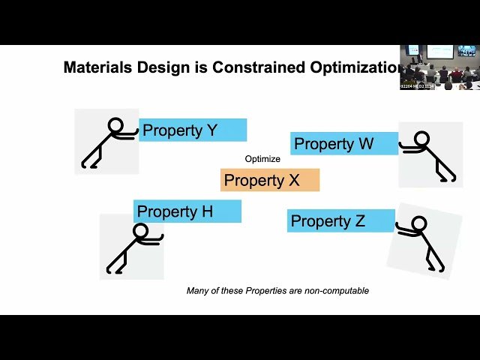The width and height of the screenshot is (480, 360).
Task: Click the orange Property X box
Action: [x=270, y=180]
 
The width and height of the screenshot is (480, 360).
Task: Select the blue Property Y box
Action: [x=193, y=130]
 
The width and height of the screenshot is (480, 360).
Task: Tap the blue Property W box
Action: [x=344, y=144]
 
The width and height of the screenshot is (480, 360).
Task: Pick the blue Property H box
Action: [x=187, y=211]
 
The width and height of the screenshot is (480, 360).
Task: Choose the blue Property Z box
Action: [x=340, y=221]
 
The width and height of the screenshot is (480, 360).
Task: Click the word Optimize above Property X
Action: [x=262, y=159]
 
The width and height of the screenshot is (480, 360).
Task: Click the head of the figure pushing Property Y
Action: [x=115, y=125]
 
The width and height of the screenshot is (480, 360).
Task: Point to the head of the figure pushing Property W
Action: [x=422, y=139]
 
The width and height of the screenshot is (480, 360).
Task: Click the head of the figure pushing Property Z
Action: [x=419, y=223]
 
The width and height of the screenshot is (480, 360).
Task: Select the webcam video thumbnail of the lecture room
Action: [x=439, y=67]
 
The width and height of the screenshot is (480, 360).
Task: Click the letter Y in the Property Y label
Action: [x=211, y=130]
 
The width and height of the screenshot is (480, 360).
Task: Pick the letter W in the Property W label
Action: [x=365, y=144]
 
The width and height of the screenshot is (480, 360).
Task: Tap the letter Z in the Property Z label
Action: [x=359, y=221]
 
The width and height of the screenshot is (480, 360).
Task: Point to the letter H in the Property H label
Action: [x=206, y=211]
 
